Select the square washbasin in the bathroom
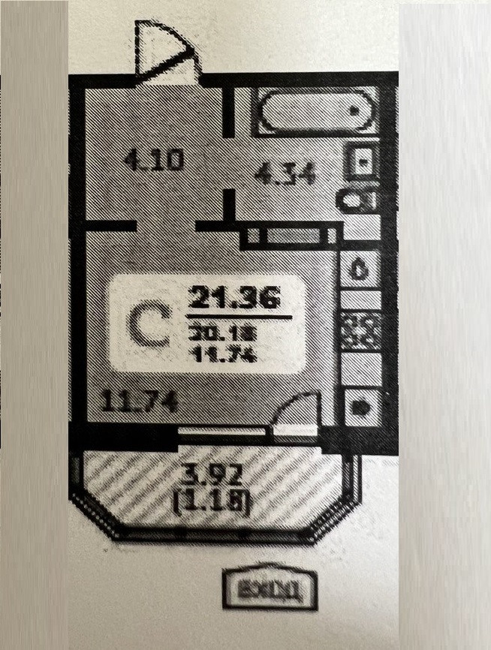pos(361,162)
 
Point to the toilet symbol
pos(359,200)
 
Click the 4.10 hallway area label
pos(153,161)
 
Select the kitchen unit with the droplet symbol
pos(360,269)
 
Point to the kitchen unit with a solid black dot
pos(360,408)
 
